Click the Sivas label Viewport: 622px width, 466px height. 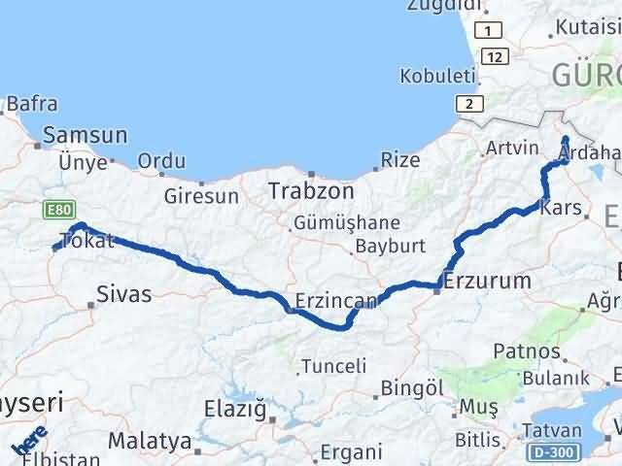click(124, 293)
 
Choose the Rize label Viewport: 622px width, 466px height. click(400, 159)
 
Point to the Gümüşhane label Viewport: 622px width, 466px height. click(347, 222)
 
